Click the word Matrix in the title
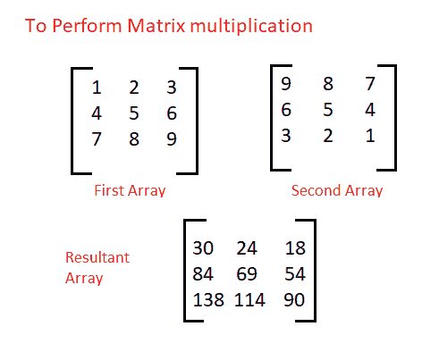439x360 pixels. point(156,26)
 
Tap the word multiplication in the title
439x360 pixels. point(251,26)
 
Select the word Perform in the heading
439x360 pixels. point(87,26)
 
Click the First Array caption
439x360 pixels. point(130,190)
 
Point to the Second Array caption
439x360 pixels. point(337,190)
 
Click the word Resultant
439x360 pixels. point(97,257)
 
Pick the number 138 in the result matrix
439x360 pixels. point(208,300)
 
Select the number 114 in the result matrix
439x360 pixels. point(249,300)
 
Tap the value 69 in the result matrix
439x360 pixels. point(247,274)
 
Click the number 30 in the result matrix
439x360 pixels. point(203,248)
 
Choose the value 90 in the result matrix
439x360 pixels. point(294,300)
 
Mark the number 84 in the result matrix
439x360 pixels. point(203,274)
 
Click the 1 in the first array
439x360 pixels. point(97,88)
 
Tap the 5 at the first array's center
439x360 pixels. point(134,113)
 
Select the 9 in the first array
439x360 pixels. point(172,139)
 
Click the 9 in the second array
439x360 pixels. point(286,83)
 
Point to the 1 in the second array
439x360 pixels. point(370,136)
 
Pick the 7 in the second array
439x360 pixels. point(370,83)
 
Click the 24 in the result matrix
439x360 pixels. point(247,248)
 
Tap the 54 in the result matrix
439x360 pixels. point(295,274)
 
